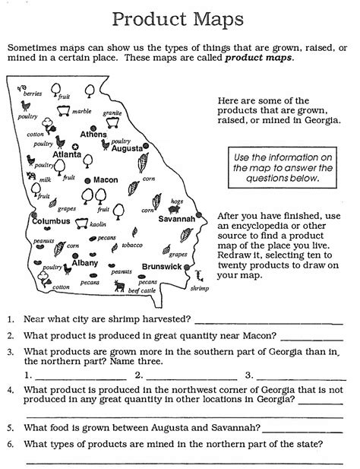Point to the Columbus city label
point(51,220)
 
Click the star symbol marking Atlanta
point(75,145)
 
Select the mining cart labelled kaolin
point(79,223)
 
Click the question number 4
point(11,388)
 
